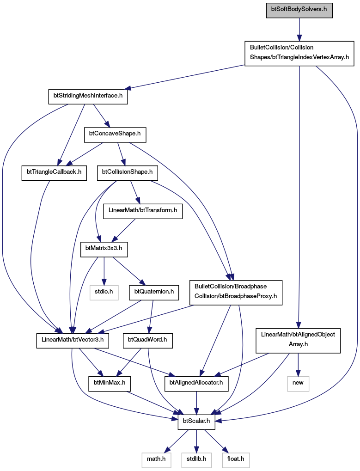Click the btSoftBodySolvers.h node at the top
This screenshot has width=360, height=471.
[x=299, y=9]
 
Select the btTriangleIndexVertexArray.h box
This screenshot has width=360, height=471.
[x=299, y=54]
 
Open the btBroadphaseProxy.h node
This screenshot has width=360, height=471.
[x=236, y=292]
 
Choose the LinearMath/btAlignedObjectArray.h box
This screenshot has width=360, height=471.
[x=298, y=341]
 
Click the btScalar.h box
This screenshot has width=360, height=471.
[x=196, y=422]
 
